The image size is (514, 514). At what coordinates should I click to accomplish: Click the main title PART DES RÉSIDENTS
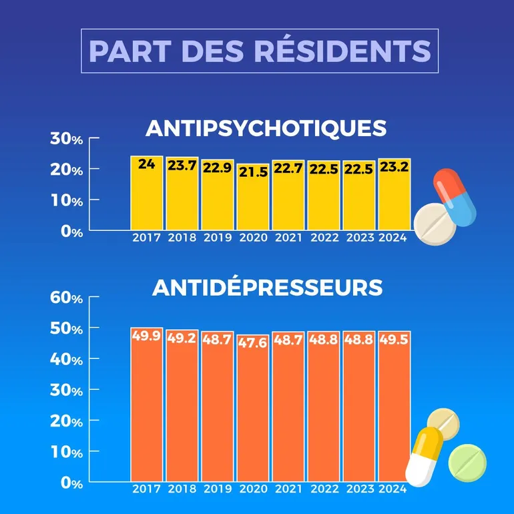[260, 51]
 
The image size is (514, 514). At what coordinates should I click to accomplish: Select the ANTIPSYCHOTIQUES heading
[266, 127]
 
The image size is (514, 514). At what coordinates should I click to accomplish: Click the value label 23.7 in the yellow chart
[182, 166]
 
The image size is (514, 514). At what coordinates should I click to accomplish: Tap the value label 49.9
[147, 336]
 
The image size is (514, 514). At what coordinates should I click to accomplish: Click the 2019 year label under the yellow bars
[218, 238]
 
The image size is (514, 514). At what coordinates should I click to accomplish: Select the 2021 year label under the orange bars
[288, 489]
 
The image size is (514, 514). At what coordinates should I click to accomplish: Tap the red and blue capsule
[454, 197]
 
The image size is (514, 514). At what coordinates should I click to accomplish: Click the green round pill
[467, 462]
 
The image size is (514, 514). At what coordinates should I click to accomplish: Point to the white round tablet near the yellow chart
[435, 225]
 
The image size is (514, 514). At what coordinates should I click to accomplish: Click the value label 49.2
[182, 338]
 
